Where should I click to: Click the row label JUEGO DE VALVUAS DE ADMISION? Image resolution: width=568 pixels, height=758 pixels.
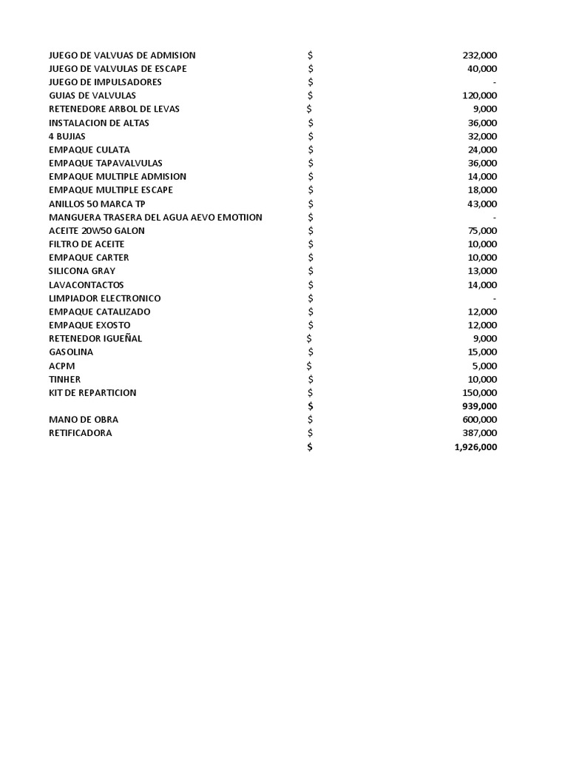pyautogui.click(x=122, y=56)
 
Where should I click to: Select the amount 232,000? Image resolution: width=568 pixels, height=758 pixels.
pyautogui.click(x=479, y=56)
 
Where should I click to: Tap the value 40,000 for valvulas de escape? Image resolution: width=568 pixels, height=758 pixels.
pyautogui.click(x=482, y=69)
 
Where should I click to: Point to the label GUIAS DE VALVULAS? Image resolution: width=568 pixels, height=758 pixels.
pyautogui.click(x=92, y=95)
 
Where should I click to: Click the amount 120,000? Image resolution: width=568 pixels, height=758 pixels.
pyautogui.click(x=479, y=95)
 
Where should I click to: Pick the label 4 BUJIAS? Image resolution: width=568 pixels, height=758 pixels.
pyautogui.click(x=67, y=136)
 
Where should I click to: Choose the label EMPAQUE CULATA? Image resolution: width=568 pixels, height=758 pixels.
pyautogui.click(x=89, y=150)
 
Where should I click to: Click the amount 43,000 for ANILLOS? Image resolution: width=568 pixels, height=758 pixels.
pyautogui.click(x=482, y=204)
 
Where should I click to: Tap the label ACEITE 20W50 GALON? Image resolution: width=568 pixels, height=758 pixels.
pyautogui.click(x=97, y=230)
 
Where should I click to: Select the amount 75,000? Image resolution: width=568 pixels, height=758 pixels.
pyautogui.click(x=482, y=230)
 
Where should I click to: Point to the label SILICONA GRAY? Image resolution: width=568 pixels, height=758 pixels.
pyautogui.click(x=82, y=271)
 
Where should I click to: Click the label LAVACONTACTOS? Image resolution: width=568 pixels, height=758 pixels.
pyautogui.click(x=87, y=285)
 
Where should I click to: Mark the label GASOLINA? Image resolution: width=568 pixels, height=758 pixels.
pyautogui.click(x=71, y=352)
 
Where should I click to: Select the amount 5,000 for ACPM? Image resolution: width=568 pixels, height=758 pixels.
pyautogui.click(x=484, y=366)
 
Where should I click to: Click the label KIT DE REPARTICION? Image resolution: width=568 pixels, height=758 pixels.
pyautogui.click(x=92, y=392)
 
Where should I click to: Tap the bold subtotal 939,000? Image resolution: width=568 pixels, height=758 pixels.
pyautogui.click(x=479, y=406)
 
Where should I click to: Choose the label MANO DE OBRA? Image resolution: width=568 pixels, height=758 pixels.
pyautogui.click(x=84, y=420)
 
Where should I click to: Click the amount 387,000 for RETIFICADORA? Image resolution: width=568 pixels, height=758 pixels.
pyautogui.click(x=479, y=433)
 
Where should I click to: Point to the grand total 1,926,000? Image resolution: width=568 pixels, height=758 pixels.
pyautogui.click(x=476, y=447)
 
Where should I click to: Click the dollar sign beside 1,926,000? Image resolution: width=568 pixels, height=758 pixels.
pyautogui.click(x=310, y=447)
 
